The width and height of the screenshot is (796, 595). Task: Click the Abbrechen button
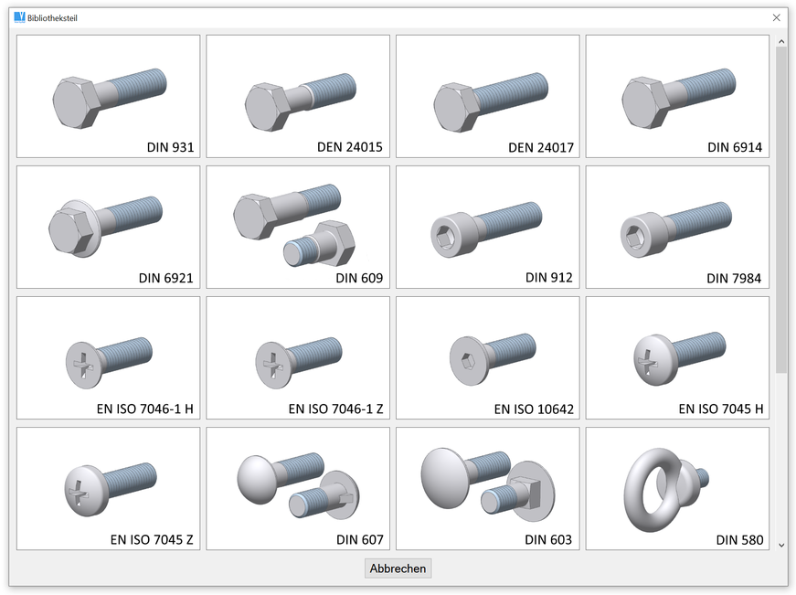click(398, 568)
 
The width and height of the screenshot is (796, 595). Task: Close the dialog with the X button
click(776, 17)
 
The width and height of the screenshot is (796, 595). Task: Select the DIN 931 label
click(171, 147)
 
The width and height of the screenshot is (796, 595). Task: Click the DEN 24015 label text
click(350, 147)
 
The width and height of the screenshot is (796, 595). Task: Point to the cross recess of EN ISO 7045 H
click(647, 361)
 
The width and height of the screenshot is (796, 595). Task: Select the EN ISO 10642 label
click(534, 409)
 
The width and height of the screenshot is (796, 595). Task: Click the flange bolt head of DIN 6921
click(74, 229)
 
